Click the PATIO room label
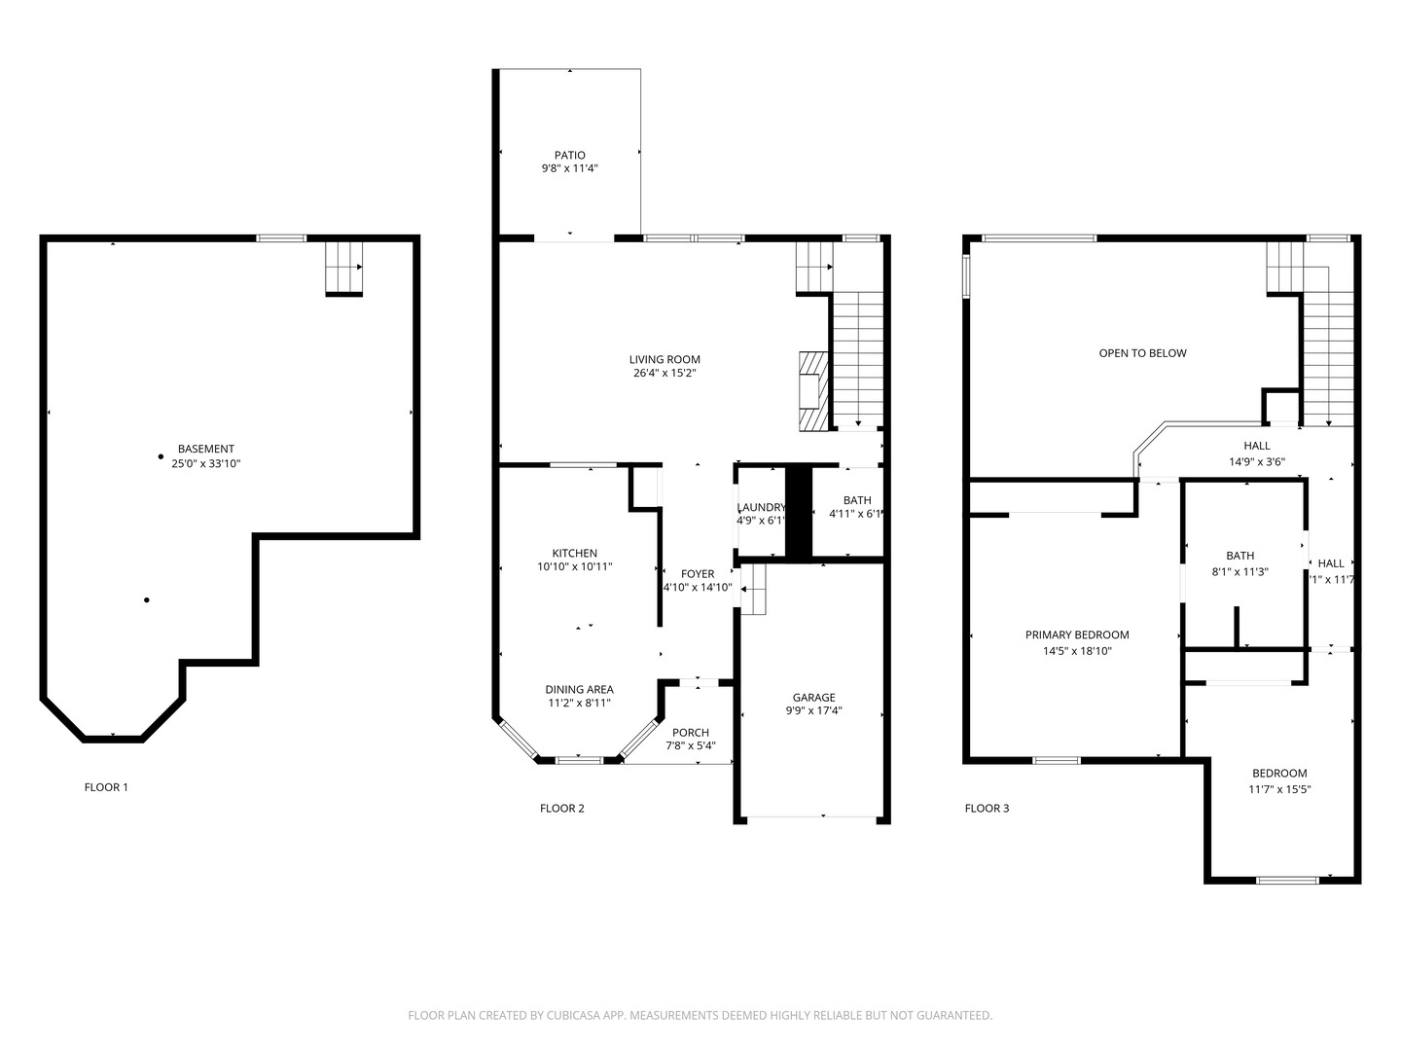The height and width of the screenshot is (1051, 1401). coord(570,155)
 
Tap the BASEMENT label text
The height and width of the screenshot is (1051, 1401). coord(205,449)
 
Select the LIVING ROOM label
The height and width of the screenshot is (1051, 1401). coord(665,359)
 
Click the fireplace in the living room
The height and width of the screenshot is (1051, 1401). coord(811,390)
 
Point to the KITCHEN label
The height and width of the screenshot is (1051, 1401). coord(574,553)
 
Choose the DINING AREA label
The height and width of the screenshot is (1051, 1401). coord(579,689)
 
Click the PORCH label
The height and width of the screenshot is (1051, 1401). coord(691,732)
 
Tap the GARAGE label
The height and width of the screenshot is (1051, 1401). coord(813,697)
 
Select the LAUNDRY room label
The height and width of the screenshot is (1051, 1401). coord(761,507)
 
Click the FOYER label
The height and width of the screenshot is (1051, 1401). coord(698,573)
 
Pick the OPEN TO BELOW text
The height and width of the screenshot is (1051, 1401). coord(1142,353)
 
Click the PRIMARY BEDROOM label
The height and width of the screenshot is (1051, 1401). coord(1077,634)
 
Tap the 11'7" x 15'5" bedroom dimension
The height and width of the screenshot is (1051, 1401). coord(1279,789)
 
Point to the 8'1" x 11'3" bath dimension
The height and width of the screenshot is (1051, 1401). coord(1239,572)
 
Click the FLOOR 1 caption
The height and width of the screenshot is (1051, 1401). coord(106,787)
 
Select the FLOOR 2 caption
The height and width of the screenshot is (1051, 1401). coord(562,808)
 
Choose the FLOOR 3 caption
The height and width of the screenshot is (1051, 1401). coord(987,808)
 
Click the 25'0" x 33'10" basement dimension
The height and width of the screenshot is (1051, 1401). coord(205,464)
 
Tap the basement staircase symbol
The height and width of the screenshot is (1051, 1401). coord(343,267)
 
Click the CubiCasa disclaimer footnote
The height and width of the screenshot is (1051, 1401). coord(700,1015)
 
